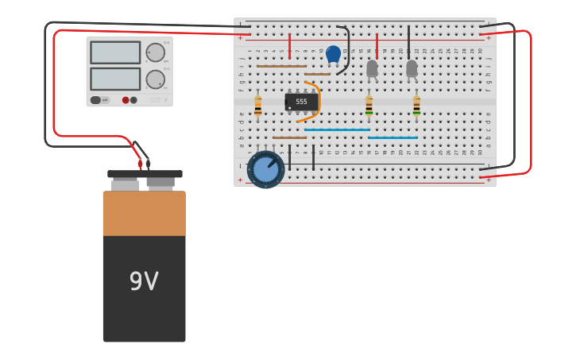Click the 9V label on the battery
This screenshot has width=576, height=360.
pos(144,281)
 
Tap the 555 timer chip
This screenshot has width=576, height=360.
pos(301,102)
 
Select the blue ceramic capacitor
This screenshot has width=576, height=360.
pos(333,54)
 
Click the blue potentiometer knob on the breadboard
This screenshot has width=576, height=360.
pos(265,168)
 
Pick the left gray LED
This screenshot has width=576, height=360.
pos(372,68)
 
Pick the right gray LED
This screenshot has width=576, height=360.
pos(412,68)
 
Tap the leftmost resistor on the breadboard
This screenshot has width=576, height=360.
pos(257,106)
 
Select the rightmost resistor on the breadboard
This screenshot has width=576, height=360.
pos(416,106)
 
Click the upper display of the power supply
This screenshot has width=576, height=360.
pos(115,52)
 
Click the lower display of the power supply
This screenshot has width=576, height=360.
pos(115,79)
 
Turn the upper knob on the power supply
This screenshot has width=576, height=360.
pos(155,53)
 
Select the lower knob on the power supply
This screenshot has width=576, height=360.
pos(155,79)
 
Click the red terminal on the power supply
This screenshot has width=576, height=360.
pos(126,100)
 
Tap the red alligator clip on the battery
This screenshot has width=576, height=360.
pos(140,163)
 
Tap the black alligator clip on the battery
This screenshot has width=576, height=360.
pos(148,162)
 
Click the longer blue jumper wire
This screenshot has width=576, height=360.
pos(337,130)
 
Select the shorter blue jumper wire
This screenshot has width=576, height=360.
pos(392,137)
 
